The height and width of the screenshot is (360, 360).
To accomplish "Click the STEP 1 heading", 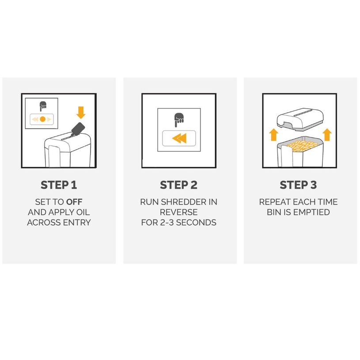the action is (x=59, y=185).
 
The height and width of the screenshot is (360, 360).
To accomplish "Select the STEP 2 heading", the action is (x=178, y=185).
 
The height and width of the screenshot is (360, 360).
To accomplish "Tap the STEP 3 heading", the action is (x=298, y=185).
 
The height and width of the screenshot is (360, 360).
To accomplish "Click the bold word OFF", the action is (x=74, y=202).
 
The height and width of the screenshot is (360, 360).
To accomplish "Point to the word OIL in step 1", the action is (x=83, y=212).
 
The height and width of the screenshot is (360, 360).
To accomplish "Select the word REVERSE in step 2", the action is (x=178, y=212).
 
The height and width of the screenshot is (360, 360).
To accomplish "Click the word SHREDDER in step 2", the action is (x=184, y=202).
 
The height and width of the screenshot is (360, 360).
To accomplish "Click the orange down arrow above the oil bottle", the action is (x=81, y=113).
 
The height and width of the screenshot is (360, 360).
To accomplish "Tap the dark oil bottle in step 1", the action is (x=78, y=129).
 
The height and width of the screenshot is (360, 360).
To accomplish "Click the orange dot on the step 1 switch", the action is (x=42, y=119).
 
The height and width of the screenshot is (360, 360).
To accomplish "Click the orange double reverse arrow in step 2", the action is (x=179, y=138).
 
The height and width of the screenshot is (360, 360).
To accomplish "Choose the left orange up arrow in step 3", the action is (x=273, y=135).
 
